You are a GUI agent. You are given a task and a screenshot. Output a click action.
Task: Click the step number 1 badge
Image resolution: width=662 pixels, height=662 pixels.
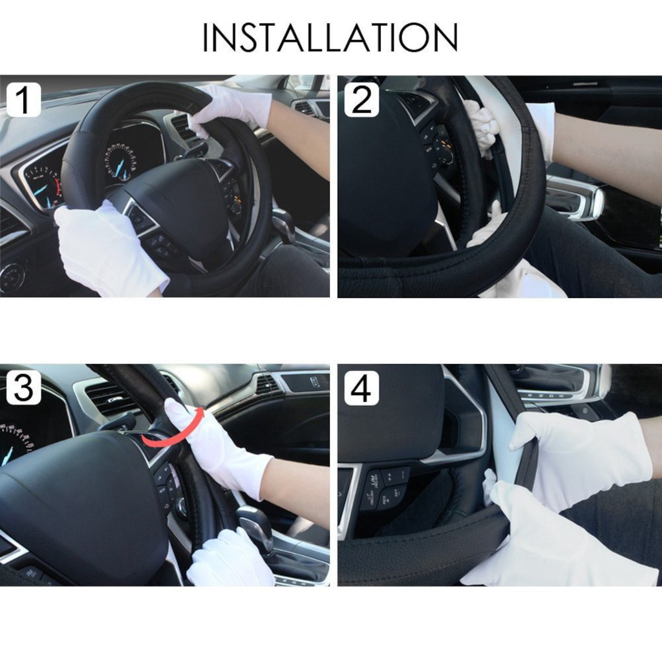coord(24,100)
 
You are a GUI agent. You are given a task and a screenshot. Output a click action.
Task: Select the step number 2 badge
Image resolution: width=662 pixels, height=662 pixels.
coord(361,100)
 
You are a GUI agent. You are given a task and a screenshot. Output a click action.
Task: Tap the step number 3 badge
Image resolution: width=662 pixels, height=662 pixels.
coord(24,388)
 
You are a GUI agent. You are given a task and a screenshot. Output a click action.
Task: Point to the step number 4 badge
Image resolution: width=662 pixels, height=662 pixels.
coord(361,388)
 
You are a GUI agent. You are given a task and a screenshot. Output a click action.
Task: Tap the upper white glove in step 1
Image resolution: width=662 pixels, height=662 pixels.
coord(230,109)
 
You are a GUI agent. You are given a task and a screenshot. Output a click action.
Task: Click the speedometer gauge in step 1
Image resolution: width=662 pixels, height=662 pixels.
coord(121,162)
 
